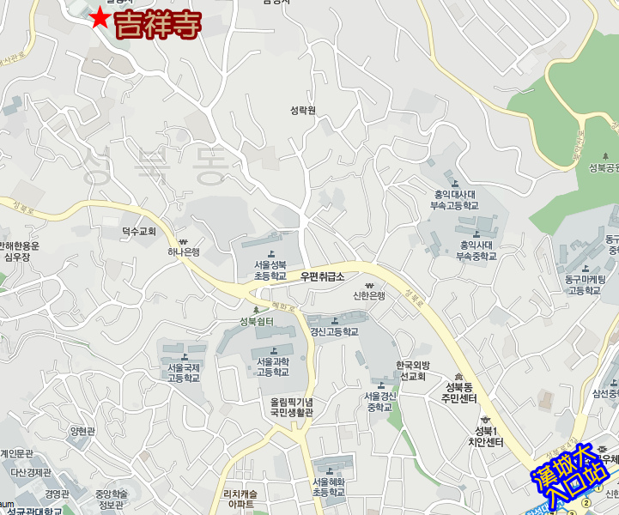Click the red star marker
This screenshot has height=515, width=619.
tap(100, 18)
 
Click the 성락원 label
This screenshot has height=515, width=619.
tap(303, 110)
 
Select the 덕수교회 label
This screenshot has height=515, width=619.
tap(138, 231)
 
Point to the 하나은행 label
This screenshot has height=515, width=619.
tap(183, 251)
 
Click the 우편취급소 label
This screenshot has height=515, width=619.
tap(322, 276)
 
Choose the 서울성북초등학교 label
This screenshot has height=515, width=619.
tap(270, 270)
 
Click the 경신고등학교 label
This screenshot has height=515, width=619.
tap(333, 331)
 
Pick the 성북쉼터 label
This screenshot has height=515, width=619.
tap(256, 322)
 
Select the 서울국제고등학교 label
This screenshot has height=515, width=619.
tap(183, 373)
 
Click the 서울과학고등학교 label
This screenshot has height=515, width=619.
tap(273, 367)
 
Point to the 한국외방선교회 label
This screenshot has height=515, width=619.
tap(411, 371)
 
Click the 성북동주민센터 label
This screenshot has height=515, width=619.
tap(458, 393)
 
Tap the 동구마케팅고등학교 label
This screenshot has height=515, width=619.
tap(585, 284)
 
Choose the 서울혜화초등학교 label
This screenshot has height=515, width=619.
tap(328, 487)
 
